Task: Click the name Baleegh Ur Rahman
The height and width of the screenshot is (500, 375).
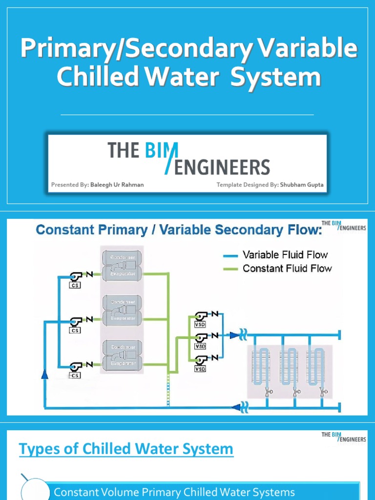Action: click(x=117, y=185)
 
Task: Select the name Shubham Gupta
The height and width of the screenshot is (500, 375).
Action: click(x=301, y=185)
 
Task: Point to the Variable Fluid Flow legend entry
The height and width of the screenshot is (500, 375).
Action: click(x=285, y=254)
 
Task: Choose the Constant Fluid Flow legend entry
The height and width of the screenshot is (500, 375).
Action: click(x=287, y=268)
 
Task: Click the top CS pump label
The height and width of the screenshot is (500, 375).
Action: click(x=75, y=285)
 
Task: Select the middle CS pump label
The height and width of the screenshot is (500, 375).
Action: click(x=75, y=331)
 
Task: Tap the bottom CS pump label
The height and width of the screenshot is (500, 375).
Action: click(x=75, y=375)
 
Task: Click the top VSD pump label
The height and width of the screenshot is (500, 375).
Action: click(x=200, y=323)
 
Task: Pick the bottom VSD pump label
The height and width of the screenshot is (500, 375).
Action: click(x=200, y=369)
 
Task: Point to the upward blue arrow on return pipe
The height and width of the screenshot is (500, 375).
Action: click(x=45, y=374)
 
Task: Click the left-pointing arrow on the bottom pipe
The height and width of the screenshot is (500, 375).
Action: click(x=236, y=406)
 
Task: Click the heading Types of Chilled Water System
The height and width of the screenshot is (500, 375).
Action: click(x=126, y=449)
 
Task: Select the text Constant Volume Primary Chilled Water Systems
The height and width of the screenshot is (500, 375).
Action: click(x=174, y=492)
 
